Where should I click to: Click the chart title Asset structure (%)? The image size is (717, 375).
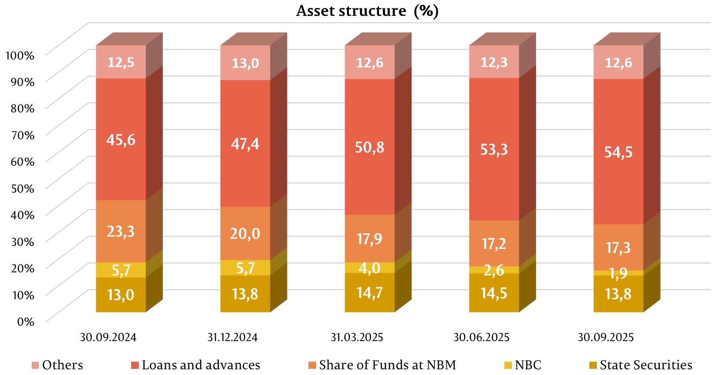point(367,11)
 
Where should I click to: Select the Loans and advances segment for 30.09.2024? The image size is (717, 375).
point(121,140)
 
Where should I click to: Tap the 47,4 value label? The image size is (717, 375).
point(245,144)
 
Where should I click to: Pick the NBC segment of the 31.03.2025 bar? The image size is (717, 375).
point(369,268)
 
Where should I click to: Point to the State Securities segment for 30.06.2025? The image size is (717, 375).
point(494,293)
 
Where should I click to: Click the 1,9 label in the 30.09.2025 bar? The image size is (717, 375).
point(618,273)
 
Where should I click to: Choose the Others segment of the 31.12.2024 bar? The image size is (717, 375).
point(245,63)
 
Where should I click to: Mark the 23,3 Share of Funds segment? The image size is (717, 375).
point(121,231)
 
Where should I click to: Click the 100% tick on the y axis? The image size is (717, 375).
point(19,56)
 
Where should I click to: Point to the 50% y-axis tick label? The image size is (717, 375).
point(22,188)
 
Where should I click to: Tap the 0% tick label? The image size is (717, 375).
point(26,321)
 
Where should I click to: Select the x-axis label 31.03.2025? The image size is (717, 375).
point(357,338)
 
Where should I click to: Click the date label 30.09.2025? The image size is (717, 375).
point(606,338)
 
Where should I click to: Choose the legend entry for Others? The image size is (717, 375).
point(57,365)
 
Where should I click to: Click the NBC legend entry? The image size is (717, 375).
point(523,365)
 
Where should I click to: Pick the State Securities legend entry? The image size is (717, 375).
point(641,365)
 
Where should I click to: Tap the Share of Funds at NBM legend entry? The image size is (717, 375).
point(382,365)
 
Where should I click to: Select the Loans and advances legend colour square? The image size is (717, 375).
point(135,365)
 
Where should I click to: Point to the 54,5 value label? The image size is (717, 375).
point(618,152)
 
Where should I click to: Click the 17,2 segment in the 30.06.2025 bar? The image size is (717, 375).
point(494,243)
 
